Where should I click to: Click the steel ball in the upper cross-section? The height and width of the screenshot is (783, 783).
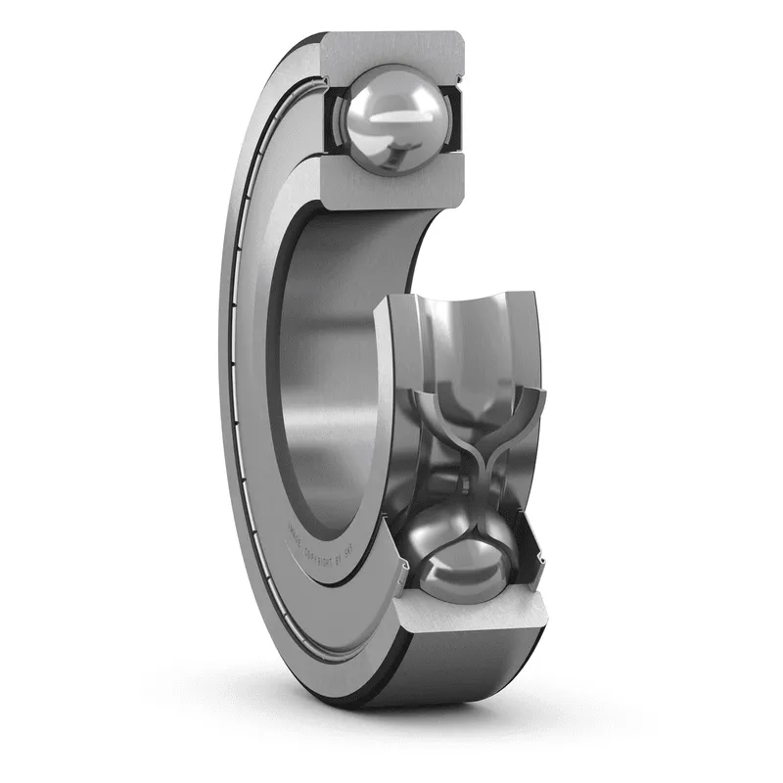coord(388,117)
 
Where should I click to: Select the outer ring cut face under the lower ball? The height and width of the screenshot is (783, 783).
coord(468,613)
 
